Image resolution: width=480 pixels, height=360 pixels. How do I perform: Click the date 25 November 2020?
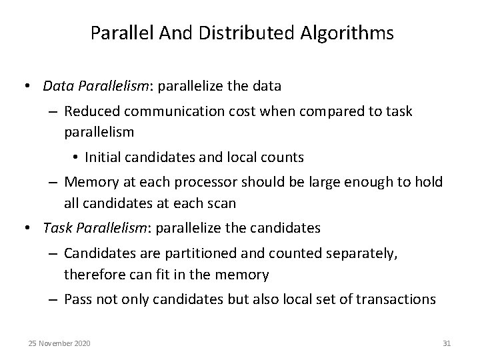click(60, 343)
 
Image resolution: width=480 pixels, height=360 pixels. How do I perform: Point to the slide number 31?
click(447, 343)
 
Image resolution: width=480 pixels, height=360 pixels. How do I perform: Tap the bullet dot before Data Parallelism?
click(29, 86)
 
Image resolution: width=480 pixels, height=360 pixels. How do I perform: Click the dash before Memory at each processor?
click(54, 183)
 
